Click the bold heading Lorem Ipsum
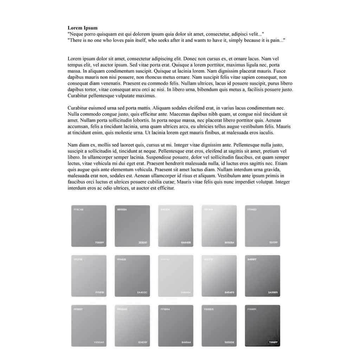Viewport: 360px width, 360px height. tap(83, 28)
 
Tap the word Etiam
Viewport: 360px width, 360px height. tap(281, 163)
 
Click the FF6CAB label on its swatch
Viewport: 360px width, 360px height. tap(79, 210)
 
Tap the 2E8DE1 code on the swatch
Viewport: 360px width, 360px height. tap(142, 243)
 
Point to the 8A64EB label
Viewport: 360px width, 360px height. tap(186, 243)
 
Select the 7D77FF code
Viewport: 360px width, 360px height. tap(273, 243)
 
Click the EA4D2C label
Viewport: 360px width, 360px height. tap(142, 292)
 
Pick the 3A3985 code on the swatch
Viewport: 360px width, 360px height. tap(273, 292)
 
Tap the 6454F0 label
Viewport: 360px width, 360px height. tap(229, 292)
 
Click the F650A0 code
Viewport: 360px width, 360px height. tap(99, 342)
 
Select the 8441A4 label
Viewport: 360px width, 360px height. tap(186, 342)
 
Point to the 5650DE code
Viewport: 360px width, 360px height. tap(229, 342)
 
